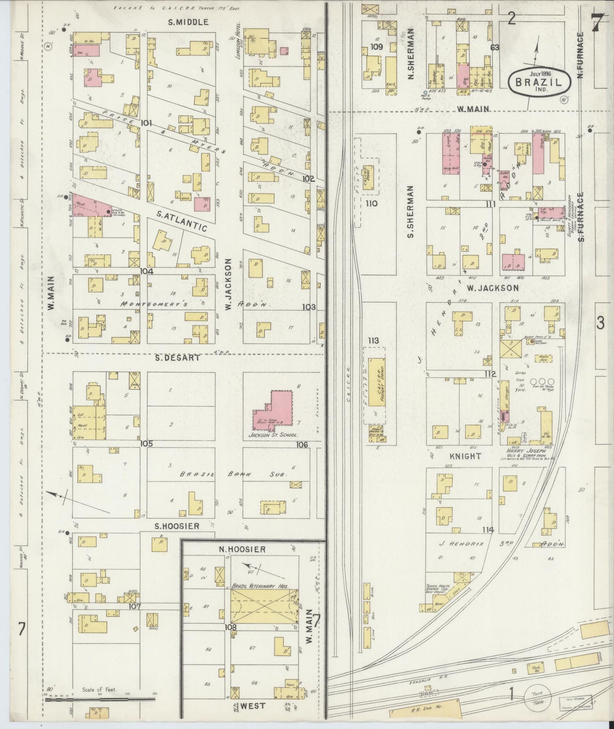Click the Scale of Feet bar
(x=100, y=698)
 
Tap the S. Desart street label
(x=177, y=358)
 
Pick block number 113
(x=373, y=341)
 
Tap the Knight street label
(x=466, y=456)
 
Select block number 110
(x=371, y=204)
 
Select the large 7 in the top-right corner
(x=597, y=20)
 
